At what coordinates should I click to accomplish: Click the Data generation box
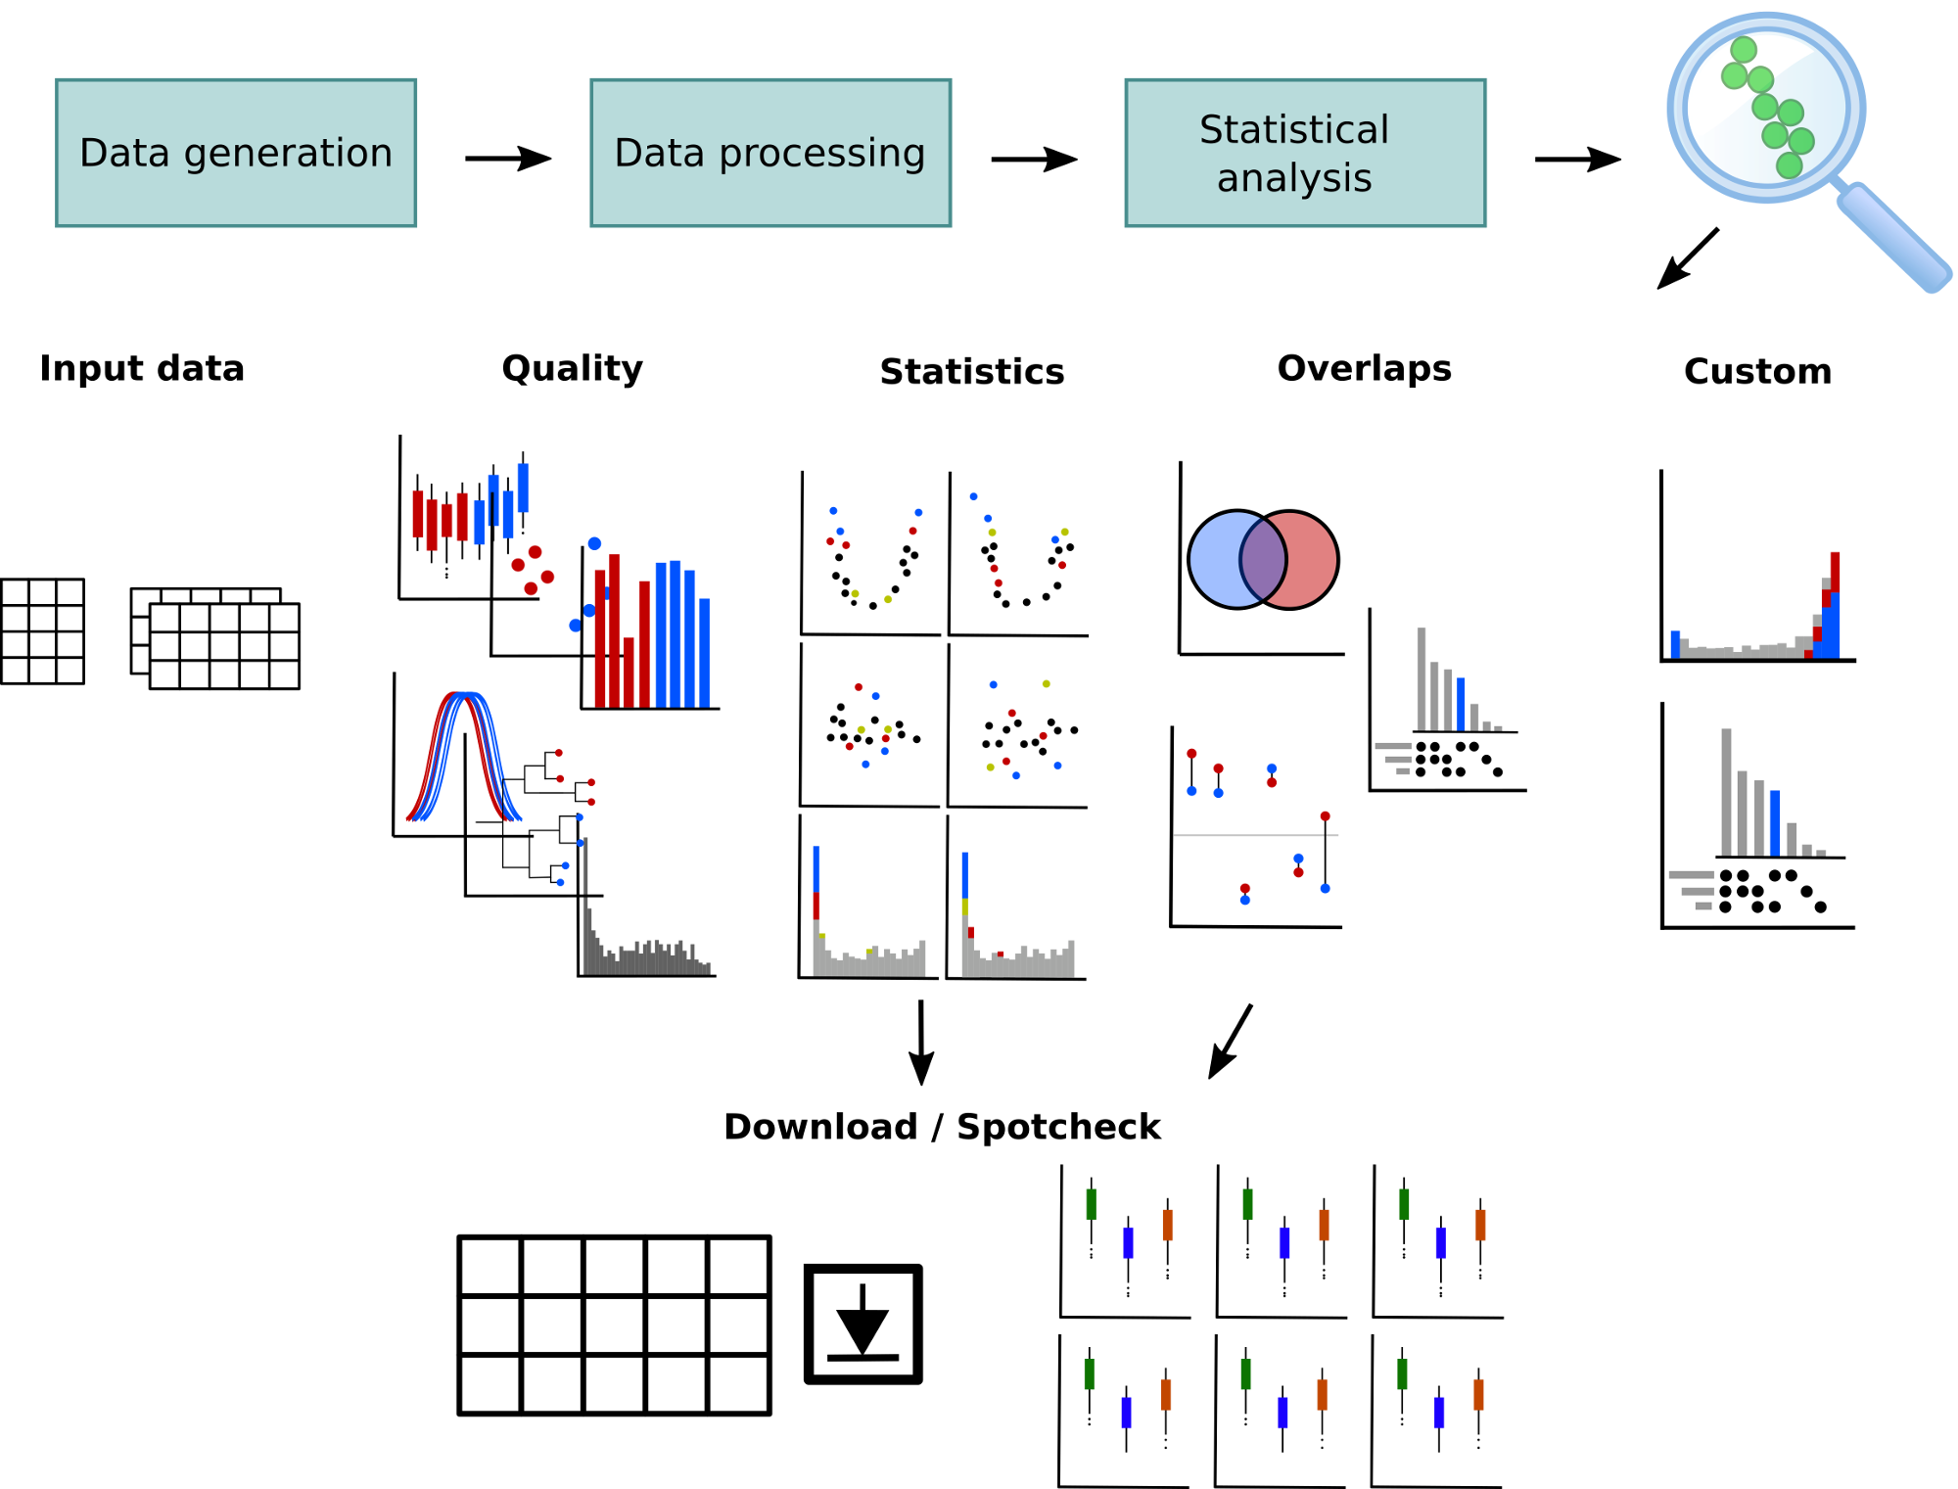pyautogui.click(x=236, y=153)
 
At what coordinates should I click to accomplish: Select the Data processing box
pyautogui.click(x=769, y=153)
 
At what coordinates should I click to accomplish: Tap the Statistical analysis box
pyautogui.click(x=1305, y=153)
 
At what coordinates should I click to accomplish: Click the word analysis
pyautogui.click(x=1293, y=178)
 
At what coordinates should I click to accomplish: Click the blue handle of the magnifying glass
pyautogui.click(x=1894, y=238)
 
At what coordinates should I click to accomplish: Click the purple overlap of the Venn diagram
pyautogui.click(x=1263, y=560)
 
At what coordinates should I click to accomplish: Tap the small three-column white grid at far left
pyautogui.click(x=42, y=631)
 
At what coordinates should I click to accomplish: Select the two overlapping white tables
pyautogui.click(x=215, y=638)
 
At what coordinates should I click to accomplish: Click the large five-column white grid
pyautogui.click(x=614, y=1325)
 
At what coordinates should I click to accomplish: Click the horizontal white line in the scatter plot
pyautogui.click(x=1255, y=835)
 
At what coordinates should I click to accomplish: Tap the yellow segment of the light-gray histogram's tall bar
pyautogui.click(x=964, y=907)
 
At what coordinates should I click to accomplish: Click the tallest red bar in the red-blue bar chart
pyautogui.click(x=615, y=631)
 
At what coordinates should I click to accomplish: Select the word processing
pyautogui.click(x=821, y=154)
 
